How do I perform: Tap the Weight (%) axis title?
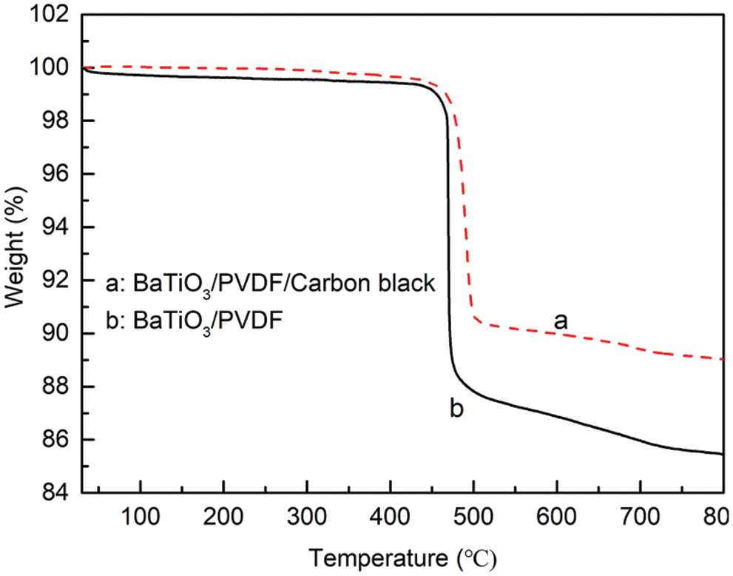pyautogui.click(x=16, y=253)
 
